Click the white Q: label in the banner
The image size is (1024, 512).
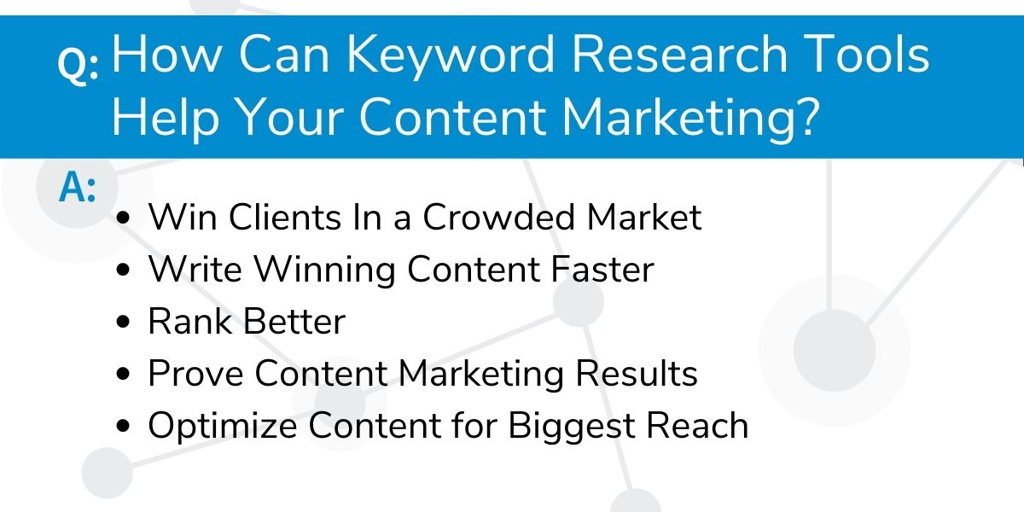point(78,65)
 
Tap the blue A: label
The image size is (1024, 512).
point(78,187)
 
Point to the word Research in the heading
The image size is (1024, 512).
point(680,54)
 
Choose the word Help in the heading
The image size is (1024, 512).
point(166,119)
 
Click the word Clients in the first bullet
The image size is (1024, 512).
point(285,217)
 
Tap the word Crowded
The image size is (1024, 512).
point(498,217)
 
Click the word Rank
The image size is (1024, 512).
point(190,322)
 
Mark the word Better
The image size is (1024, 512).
point(294,322)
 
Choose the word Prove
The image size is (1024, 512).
point(195,374)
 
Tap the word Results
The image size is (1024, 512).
point(637,374)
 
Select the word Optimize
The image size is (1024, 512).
point(223,427)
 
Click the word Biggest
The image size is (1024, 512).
point(572,427)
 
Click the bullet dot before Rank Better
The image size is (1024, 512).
point(123,322)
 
